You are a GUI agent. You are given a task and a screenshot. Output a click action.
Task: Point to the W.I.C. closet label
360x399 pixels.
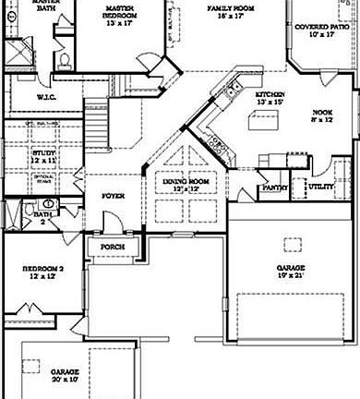point(47,97)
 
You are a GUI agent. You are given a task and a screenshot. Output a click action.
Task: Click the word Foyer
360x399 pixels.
point(113,196)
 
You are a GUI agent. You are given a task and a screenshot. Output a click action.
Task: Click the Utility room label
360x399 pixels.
point(320,187)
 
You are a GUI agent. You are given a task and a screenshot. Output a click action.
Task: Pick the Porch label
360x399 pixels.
point(113,247)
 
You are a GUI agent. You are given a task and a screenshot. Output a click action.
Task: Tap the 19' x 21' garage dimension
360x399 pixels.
point(290,275)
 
